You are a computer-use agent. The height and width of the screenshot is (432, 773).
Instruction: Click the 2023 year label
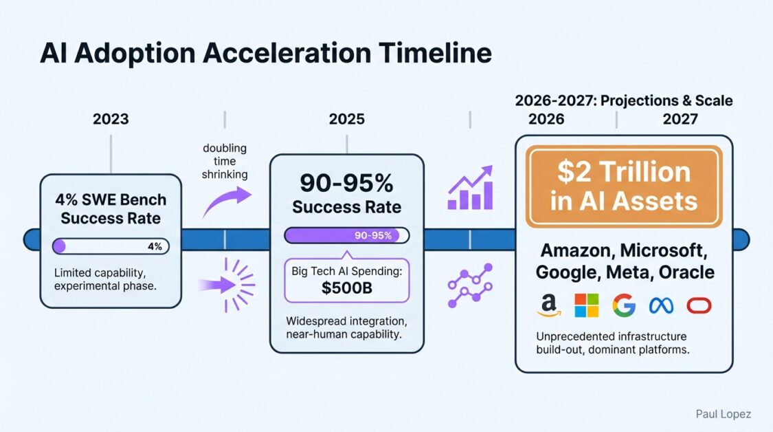(111, 119)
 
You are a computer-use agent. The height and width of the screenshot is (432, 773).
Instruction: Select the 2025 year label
(347, 119)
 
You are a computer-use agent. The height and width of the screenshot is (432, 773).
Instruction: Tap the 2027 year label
(680, 119)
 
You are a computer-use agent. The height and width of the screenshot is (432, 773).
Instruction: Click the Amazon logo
(549, 305)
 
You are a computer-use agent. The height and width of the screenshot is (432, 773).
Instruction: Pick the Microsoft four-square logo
(587, 305)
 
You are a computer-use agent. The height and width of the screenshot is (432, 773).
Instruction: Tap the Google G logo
(624, 305)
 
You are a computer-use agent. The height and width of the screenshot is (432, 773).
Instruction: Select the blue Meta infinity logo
(661, 305)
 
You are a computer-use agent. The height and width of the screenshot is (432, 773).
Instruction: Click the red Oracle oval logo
(699, 305)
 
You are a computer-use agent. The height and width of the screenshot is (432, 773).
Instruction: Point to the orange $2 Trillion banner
(624, 186)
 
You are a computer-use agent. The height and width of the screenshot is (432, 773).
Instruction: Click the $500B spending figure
(346, 288)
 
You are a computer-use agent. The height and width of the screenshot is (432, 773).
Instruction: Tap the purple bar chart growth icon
(470, 188)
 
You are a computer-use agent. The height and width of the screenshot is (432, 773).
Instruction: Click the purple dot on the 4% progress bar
(59, 246)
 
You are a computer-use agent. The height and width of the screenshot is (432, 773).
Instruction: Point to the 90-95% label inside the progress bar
(373, 235)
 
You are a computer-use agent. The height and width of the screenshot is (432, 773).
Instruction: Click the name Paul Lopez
(724, 414)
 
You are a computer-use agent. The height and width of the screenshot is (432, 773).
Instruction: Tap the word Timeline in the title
(436, 53)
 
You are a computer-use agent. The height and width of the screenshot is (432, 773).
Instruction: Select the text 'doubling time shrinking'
(225, 161)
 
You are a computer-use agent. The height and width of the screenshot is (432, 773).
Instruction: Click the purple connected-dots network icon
(470, 285)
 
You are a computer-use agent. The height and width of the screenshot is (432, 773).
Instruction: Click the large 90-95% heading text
(346, 183)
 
